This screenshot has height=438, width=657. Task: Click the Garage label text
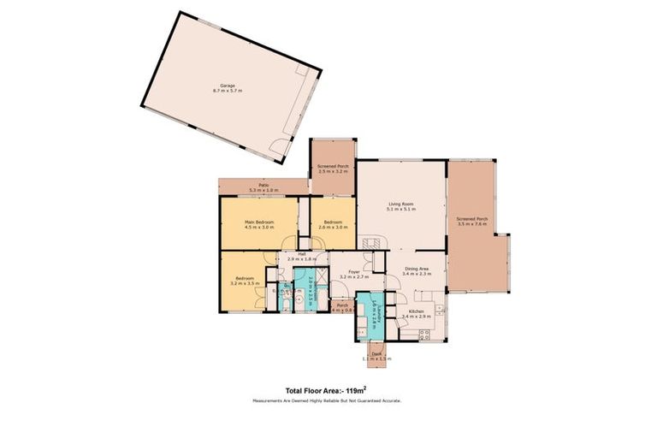(x=227, y=86)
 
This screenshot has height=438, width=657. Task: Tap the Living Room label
(x=401, y=204)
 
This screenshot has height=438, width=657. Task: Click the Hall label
(x=302, y=253)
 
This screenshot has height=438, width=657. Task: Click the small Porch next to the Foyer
(x=341, y=306)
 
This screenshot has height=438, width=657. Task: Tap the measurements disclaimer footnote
(x=327, y=400)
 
